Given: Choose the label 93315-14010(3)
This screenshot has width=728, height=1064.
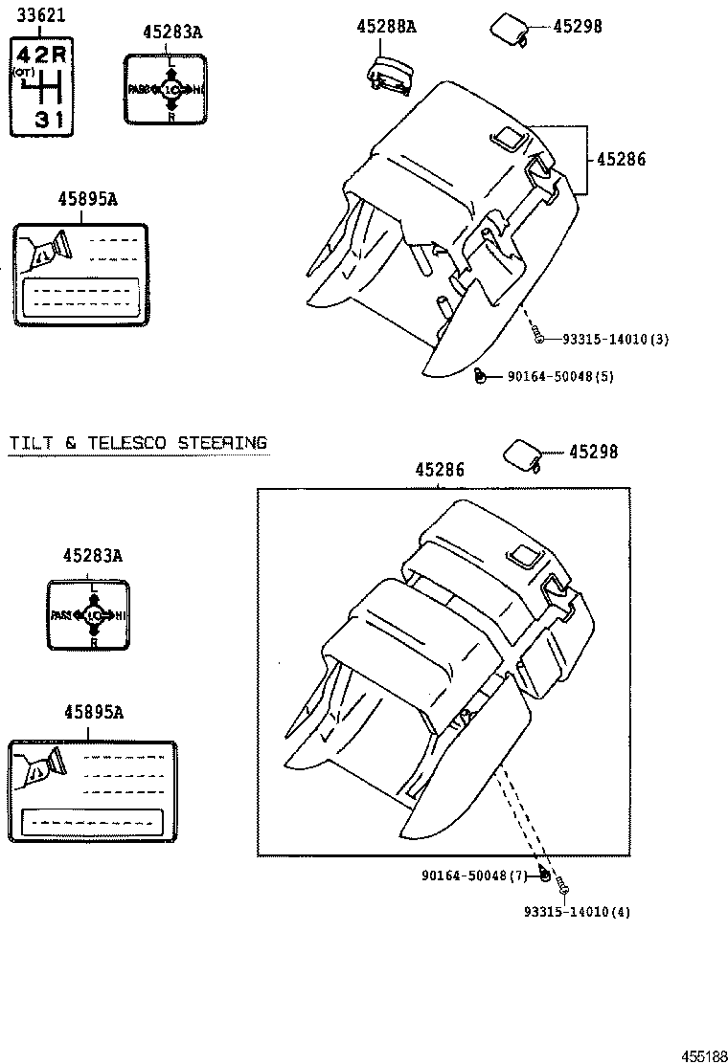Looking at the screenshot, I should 615,339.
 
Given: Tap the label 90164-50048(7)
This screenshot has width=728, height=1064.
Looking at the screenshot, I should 476,876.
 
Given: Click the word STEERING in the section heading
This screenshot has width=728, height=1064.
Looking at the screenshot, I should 222,442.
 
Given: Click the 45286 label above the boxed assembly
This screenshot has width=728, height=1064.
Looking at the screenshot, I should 440,470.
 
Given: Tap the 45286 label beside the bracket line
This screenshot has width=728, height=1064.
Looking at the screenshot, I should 621,160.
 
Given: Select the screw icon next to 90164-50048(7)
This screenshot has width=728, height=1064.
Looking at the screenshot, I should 544,874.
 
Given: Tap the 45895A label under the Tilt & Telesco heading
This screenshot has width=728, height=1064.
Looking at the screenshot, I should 93,712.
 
